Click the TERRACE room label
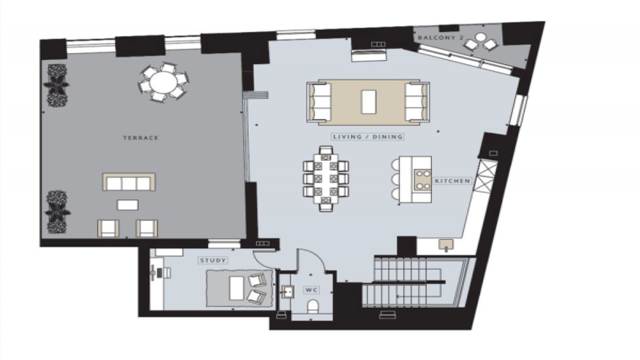pyautogui.click(x=140, y=138)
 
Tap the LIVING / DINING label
pyautogui.click(x=368, y=137)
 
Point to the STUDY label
pyautogui.click(x=213, y=260)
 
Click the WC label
pyautogui.click(x=312, y=289)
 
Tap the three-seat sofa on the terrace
pyautogui.click(x=129, y=183)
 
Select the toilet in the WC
pyautogui.click(x=313, y=307)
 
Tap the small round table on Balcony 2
pyautogui.click(x=480, y=38)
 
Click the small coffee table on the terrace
pyautogui.click(x=128, y=205)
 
